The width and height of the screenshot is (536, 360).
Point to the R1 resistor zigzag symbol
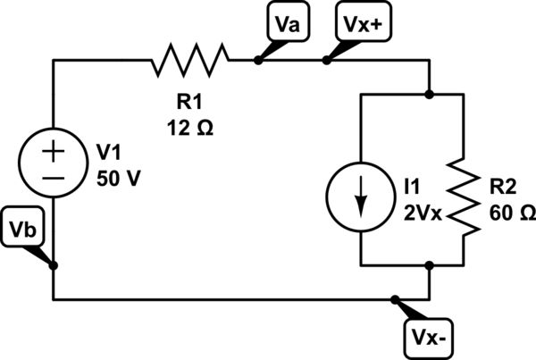(x=191, y=61)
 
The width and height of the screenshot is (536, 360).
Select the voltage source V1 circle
(x=54, y=163)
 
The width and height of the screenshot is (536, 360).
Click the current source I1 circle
(x=360, y=197)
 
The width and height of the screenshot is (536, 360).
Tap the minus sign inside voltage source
(x=54, y=178)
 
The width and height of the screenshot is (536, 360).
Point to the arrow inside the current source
(x=360, y=198)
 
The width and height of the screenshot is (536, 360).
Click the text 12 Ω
(x=188, y=128)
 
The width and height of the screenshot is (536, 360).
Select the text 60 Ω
(x=512, y=214)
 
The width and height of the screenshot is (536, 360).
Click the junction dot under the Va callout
(x=258, y=61)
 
